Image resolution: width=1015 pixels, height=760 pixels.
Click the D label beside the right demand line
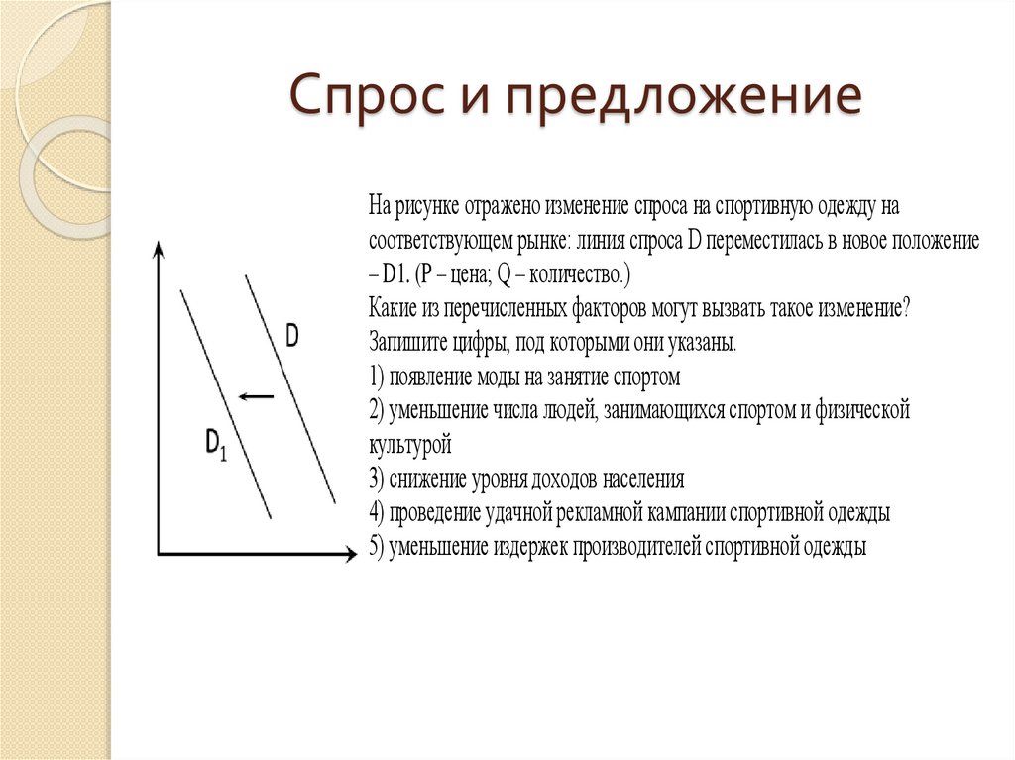tap(292, 336)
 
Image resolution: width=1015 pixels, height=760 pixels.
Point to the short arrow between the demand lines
tap(256, 396)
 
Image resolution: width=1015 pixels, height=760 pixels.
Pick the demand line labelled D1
tap(225, 402)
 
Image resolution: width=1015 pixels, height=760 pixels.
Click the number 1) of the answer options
tap(376, 378)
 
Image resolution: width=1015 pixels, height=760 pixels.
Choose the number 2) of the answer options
tap(376, 410)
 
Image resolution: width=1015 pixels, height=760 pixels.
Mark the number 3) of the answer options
tap(376, 480)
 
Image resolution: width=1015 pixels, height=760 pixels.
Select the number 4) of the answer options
tap(377, 513)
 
